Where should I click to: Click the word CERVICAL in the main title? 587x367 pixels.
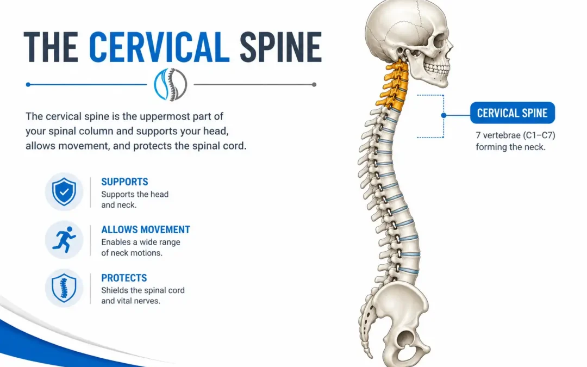tap(159, 47)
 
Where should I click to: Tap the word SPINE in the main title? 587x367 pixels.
tap(280, 47)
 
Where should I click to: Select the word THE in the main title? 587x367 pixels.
tap(51, 47)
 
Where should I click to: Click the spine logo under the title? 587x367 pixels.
tap(170, 85)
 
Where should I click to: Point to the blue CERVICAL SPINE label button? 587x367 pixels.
tap(512, 113)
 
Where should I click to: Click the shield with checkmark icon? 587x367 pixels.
tap(64, 192)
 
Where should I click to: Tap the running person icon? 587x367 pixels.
tap(64, 240)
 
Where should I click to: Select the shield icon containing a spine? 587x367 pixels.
tap(64, 288)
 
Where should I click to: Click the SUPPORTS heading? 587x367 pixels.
tap(124, 182)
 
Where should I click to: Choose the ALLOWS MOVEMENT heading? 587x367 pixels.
tap(146, 229)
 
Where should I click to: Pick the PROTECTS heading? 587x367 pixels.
tap(124, 278)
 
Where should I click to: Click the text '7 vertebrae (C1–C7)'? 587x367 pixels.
tap(515, 135)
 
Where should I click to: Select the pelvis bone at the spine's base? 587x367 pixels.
tap(401, 322)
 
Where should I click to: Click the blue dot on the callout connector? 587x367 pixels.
tap(444, 115)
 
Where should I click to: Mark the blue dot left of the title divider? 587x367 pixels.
tap(28, 85)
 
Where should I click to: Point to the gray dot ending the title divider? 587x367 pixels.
tap(314, 85)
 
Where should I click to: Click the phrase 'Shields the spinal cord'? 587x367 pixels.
tap(142, 290)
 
